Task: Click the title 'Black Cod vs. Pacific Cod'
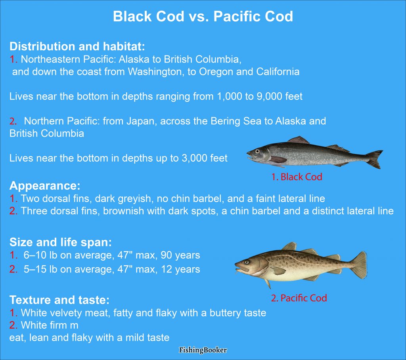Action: pyautogui.click(x=203, y=17)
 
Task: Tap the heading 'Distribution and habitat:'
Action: pyautogui.click(x=77, y=46)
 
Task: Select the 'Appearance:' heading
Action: pyautogui.click(x=45, y=186)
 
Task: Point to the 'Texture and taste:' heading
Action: pyautogui.click(x=59, y=299)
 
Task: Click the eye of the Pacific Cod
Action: pyautogui.click(x=247, y=262)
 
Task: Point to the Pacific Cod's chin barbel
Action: pyautogui.click(x=238, y=272)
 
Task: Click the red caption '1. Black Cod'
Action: pyautogui.click(x=297, y=177)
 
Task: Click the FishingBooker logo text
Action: pyautogui.click(x=203, y=350)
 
